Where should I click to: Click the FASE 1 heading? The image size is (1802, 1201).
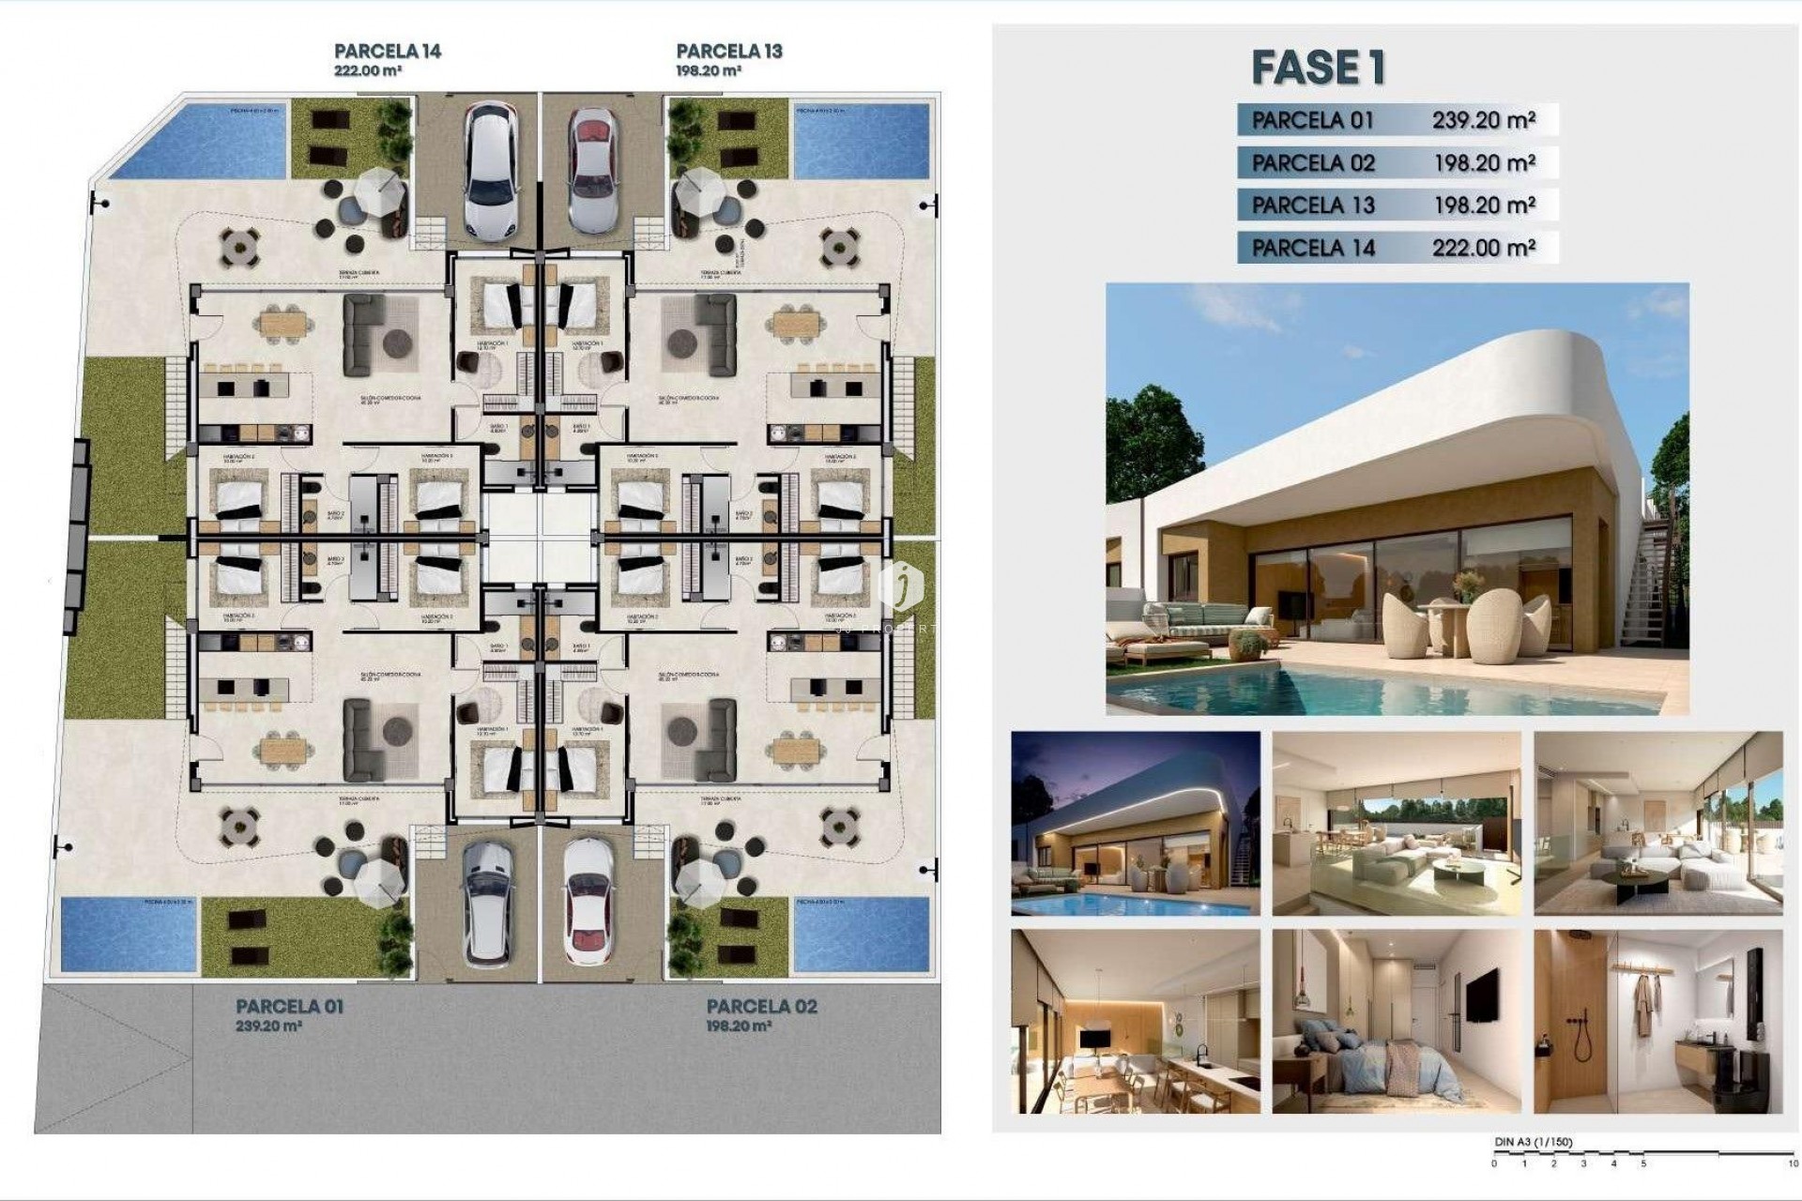(x=1318, y=68)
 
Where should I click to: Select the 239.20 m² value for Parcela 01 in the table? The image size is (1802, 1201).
(x=1483, y=120)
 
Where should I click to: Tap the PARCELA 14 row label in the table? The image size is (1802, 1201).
(x=1313, y=248)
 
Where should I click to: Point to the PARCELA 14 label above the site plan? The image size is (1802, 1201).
(x=388, y=52)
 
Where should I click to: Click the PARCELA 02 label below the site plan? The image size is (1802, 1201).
(x=761, y=1007)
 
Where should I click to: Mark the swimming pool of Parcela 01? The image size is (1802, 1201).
(x=129, y=935)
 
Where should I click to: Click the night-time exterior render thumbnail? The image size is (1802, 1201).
(x=1135, y=823)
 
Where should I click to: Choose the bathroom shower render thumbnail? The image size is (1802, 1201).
(x=1657, y=1021)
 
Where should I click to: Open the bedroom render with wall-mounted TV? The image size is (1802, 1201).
(x=1396, y=1021)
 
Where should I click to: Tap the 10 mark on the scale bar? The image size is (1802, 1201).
(x=1792, y=1163)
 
